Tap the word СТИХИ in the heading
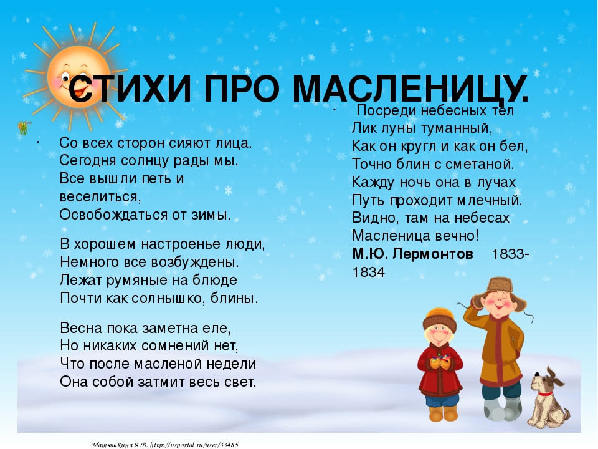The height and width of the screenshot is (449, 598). tap(130, 89)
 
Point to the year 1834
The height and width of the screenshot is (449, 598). tap(368, 273)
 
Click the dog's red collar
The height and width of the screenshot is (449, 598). tap(545, 393)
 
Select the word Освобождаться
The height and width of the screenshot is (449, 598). tap(113, 215)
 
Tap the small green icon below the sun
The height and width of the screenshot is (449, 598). tap(24, 127)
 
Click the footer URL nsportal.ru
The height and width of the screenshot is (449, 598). tap(194, 445)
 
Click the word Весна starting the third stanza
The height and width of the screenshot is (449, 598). tap(81, 328)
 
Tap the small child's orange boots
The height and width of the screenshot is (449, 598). tap(443, 413)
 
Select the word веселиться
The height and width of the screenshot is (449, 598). tap(100, 197)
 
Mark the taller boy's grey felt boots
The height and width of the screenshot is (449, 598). tap(501, 409)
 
